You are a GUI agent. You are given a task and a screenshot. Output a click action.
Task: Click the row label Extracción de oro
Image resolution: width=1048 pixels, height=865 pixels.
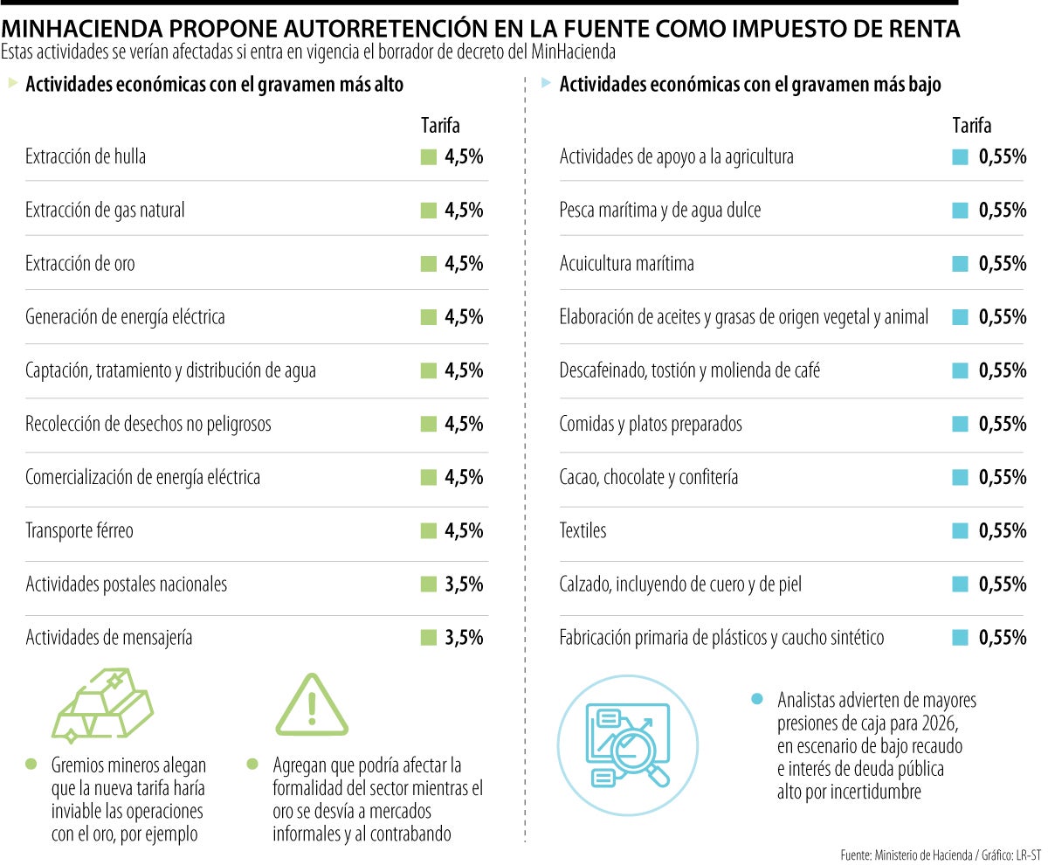[80, 264]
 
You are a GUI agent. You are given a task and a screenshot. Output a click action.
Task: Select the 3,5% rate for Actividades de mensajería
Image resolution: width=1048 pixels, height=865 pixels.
[464, 638]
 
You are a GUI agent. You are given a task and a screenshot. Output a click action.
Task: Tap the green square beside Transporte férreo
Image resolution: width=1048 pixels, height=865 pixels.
[428, 531]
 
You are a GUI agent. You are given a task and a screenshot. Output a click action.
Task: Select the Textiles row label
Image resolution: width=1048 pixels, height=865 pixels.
[583, 531]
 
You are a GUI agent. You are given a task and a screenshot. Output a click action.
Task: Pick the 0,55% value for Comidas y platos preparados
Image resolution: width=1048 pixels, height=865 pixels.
[1002, 425]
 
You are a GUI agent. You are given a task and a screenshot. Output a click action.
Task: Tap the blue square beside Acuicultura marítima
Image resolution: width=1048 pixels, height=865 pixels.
[960, 264]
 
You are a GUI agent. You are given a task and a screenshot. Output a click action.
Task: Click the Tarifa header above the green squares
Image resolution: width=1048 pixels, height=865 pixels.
[440, 126]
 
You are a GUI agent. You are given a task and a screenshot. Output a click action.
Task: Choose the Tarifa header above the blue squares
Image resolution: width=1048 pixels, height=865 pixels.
[971, 126]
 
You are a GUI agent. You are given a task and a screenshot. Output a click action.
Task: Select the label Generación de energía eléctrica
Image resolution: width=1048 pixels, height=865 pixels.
[125, 317]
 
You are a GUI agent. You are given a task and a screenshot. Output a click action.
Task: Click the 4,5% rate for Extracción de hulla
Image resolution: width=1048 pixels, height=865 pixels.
[464, 157]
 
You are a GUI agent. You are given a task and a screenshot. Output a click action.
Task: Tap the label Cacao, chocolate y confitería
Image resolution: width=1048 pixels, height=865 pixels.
[649, 478]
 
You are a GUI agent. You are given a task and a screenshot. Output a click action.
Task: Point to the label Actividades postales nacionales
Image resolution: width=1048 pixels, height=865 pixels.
[127, 585]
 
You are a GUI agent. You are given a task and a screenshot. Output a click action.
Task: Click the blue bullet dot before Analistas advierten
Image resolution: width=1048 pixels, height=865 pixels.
[757, 699]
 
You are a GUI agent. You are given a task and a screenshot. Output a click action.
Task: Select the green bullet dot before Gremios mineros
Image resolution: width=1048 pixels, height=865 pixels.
[32, 764]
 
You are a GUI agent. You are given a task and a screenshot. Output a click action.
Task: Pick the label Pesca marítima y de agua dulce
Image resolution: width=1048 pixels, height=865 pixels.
[660, 211]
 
